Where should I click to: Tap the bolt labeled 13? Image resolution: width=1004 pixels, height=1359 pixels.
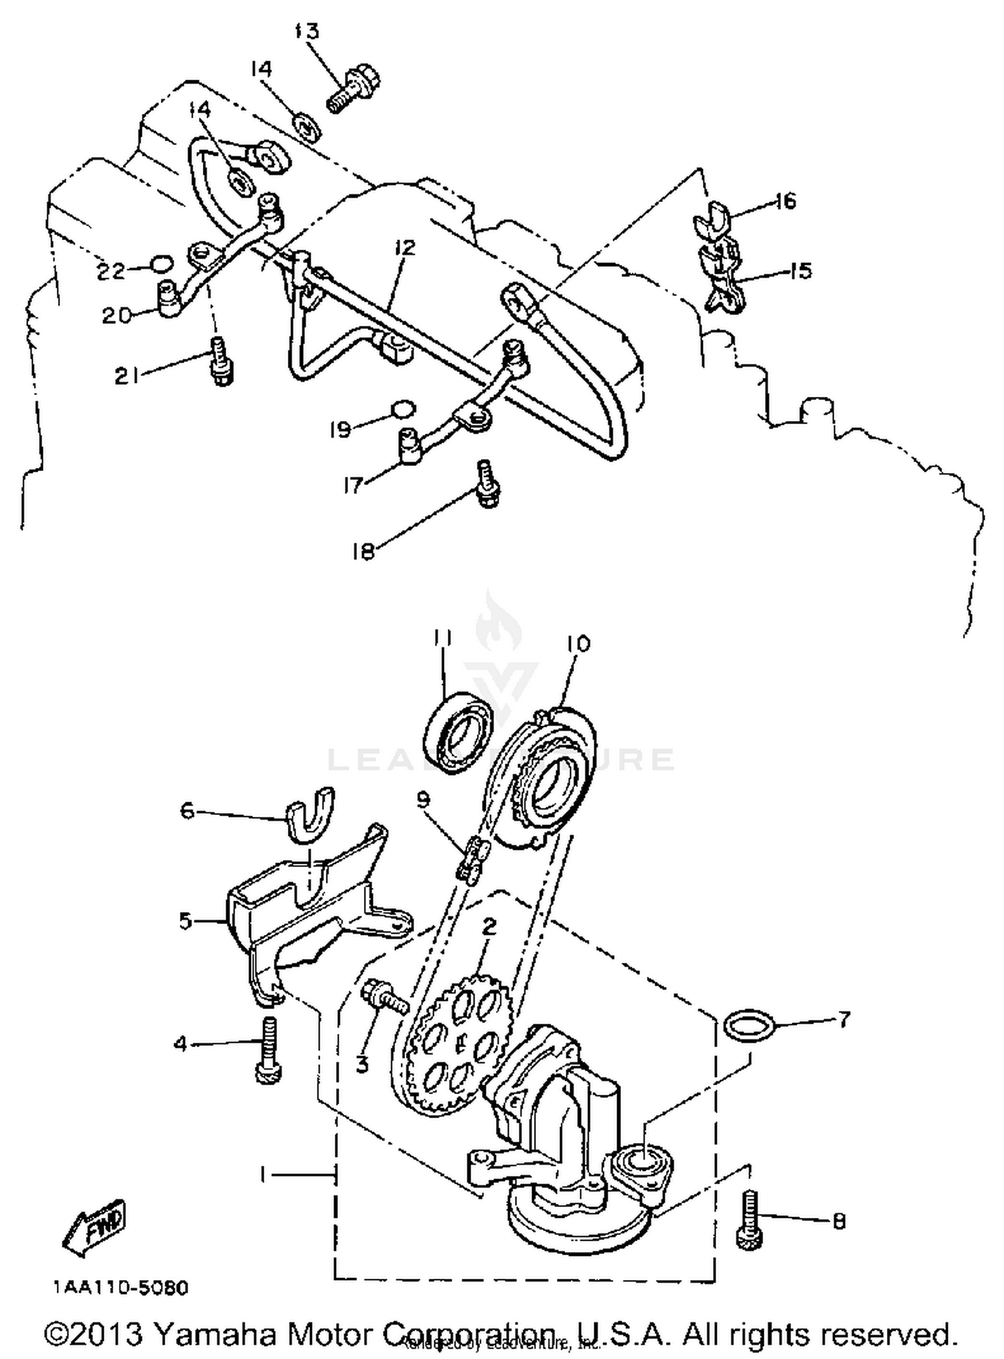pyautogui.click(x=351, y=88)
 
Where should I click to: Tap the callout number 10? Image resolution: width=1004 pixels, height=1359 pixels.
pyautogui.click(x=578, y=644)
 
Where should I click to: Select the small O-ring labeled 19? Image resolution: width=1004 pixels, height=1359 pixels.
pyautogui.click(x=404, y=407)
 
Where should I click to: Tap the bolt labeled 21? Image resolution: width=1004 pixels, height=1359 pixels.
pyautogui.click(x=220, y=361)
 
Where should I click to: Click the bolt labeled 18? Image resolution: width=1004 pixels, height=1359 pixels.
pyautogui.click(x=487, y=483)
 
